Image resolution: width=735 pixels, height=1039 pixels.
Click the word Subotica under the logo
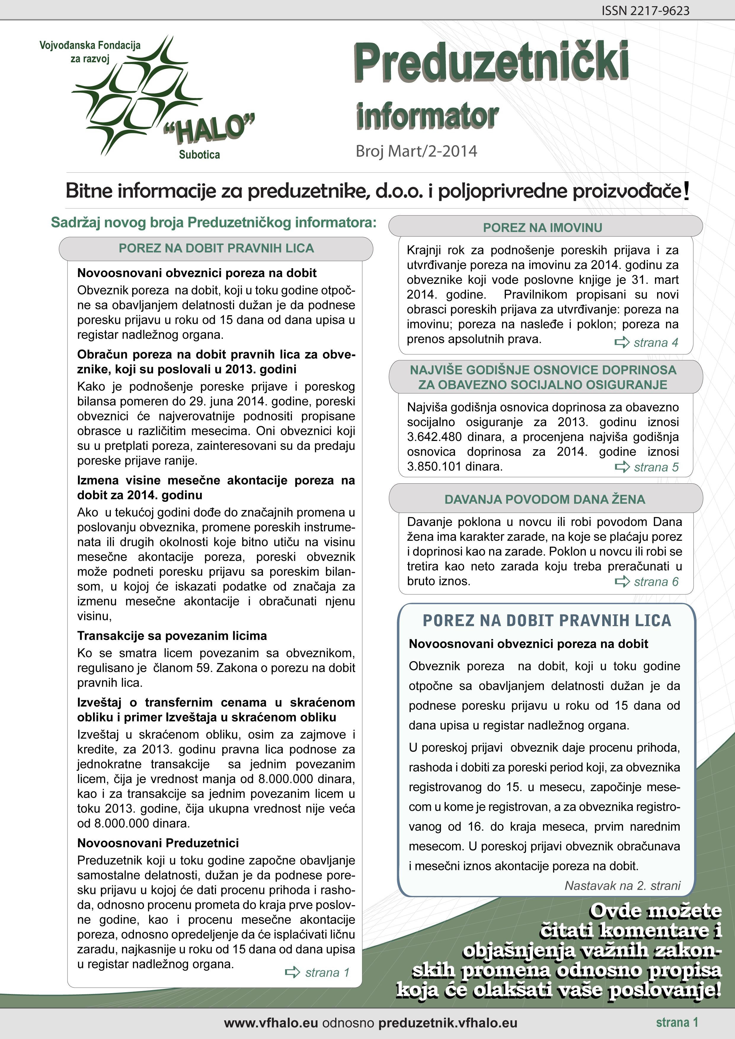click(199, 155)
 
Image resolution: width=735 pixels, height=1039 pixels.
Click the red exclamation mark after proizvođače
click(687, 191)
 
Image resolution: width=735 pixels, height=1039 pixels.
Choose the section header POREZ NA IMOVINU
click(543, 228)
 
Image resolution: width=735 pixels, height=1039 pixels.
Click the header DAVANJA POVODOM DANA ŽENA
click(544, 499)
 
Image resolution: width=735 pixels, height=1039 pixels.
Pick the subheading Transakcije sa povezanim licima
click(172, 636)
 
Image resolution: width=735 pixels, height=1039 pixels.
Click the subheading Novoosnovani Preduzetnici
click(158, 843)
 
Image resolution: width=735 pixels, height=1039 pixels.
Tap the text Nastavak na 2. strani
click(622, 886)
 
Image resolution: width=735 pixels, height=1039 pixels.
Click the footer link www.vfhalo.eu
click(271, 1023)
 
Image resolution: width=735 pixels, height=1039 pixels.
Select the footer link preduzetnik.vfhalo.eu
click(448, 1023)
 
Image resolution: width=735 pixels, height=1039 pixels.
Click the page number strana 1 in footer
click(677, 1022)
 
